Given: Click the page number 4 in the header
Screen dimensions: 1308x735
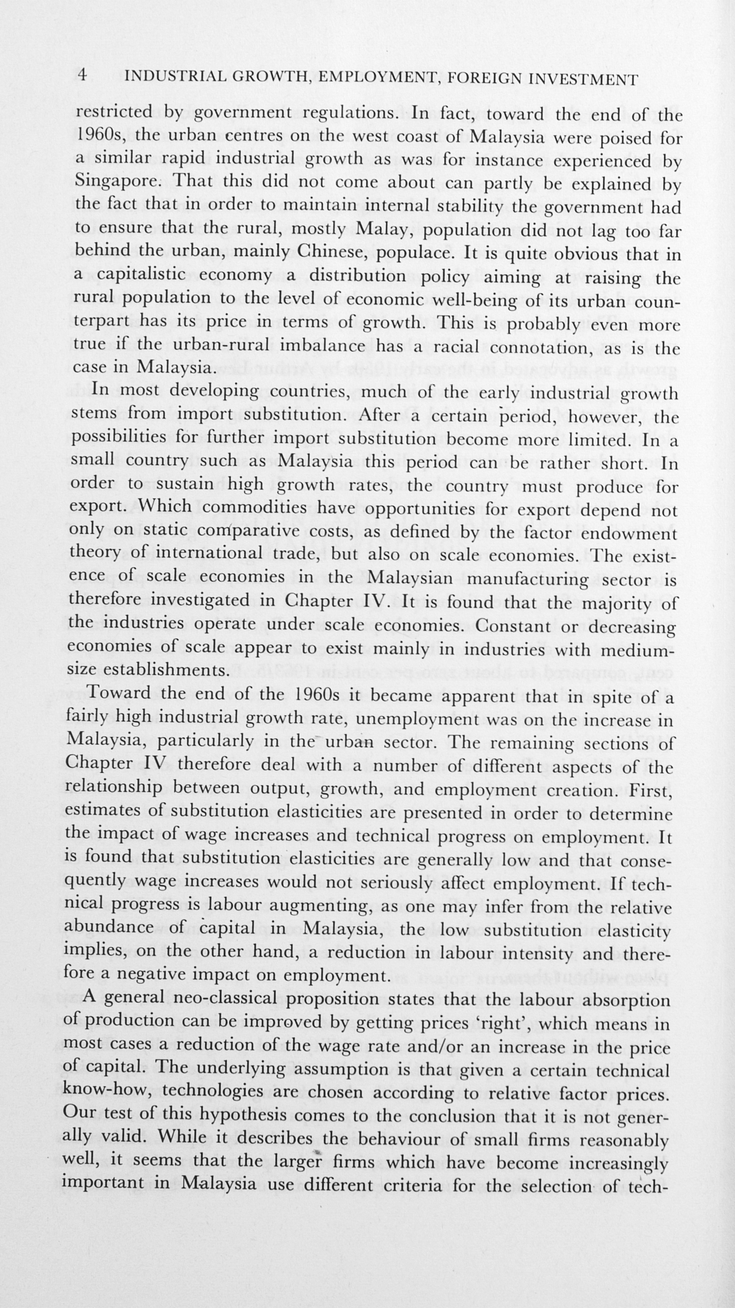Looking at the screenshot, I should [82, 75].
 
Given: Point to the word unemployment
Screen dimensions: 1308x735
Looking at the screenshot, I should [420, 720].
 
